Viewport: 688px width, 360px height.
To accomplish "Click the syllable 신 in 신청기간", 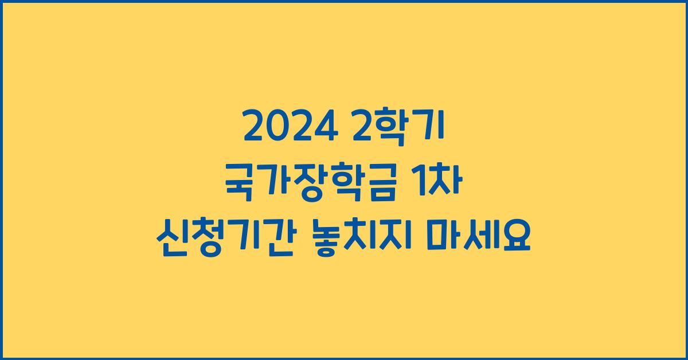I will (171, 236).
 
